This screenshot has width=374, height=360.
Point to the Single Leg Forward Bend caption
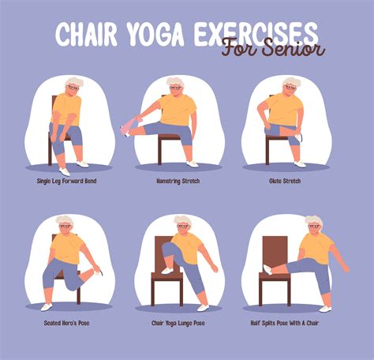click(65, 180)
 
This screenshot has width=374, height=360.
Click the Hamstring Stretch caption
click(179, 180)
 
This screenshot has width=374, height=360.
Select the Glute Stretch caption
click(286, 180)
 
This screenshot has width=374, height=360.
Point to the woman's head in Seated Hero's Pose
click(65, 225)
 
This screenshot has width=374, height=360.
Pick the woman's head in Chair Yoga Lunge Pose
click(182, 225)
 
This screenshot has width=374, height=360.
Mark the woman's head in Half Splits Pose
click(314, 225)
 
